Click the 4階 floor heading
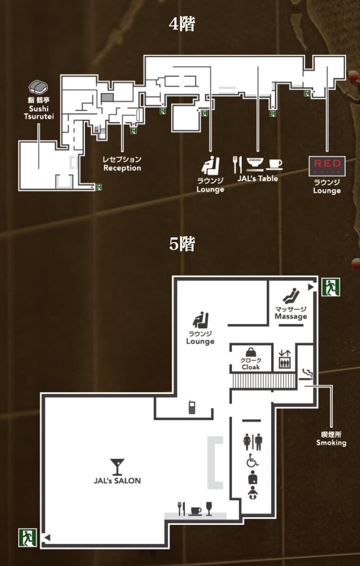[182, 24]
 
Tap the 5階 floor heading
[182, 244]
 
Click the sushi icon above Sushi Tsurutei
[38, 87]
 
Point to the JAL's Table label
[258, 178]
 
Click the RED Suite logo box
[327, 166]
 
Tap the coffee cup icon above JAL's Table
[275, 164]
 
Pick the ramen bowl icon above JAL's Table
[255, 164]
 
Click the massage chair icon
[291, 295]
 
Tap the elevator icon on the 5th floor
[285, 359]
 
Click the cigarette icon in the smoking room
[306, 375]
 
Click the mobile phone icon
[192, 408]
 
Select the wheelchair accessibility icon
[252, 460]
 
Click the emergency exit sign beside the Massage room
[331, 287]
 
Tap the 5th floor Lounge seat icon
[201, 320]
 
